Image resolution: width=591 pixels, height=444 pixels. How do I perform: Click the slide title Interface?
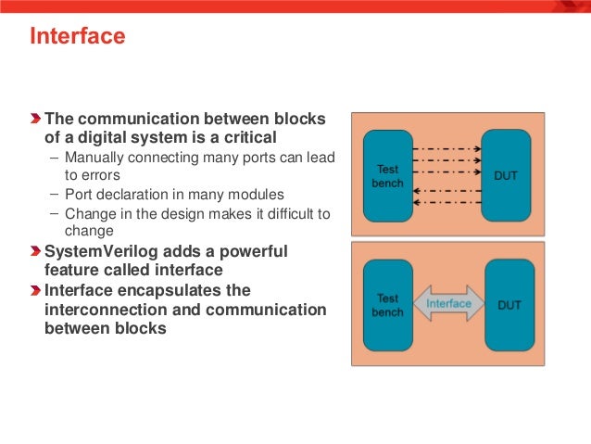78,38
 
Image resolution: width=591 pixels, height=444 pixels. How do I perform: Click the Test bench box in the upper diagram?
387,175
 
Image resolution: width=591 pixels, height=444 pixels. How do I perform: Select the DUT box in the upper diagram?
506,175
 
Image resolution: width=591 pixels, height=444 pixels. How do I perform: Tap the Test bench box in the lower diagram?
387,306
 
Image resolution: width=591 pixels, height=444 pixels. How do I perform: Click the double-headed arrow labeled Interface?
448,304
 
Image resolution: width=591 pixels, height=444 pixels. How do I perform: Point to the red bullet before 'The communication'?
35,120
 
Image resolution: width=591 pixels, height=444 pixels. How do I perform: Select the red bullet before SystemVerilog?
35,251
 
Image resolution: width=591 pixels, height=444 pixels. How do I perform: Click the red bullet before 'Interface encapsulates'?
35,289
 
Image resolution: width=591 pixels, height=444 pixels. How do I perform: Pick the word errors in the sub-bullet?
93,174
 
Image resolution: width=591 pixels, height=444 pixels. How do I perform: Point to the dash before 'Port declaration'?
55,194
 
